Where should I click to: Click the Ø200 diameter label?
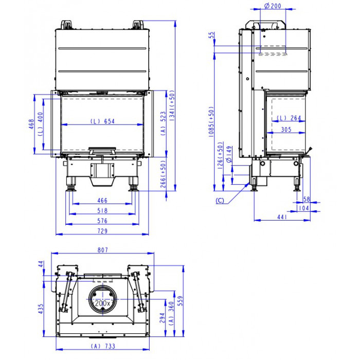[273, 6]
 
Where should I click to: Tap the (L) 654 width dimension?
[102, 121]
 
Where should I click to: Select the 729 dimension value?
[102, 231]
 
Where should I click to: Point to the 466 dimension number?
[102, 201]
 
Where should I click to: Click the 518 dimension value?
[102, 210]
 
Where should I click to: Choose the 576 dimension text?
[102, 221]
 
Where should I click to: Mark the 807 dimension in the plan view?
[103, 250]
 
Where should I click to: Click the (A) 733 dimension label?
[103, 346]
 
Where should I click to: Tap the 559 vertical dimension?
[181, 301]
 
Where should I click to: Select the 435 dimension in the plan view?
[41, 309]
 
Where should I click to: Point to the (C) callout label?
[220, 201]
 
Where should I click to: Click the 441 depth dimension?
[282, 217]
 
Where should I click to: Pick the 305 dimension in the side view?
[286, 130]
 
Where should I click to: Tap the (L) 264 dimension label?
[289, 118]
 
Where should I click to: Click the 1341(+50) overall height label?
[172, 105]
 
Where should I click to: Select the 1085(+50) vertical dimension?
[211, 122]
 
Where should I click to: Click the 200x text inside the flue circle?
[102, 303]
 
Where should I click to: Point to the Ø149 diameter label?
[229, 154]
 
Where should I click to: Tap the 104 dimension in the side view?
[304, 208]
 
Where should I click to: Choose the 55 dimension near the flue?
[211, 35]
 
